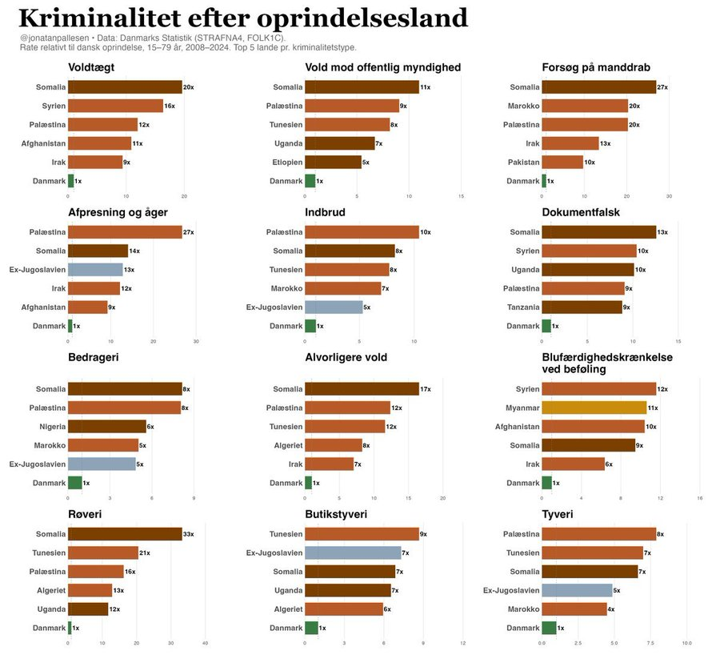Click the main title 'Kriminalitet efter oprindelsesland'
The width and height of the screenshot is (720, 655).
242,18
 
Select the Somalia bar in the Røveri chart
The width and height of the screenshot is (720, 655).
125,534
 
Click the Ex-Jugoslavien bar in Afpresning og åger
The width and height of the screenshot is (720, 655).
95,270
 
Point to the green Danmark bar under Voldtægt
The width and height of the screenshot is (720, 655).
70,181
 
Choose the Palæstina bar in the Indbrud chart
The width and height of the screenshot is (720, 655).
362,232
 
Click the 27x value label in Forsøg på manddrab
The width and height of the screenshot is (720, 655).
662,87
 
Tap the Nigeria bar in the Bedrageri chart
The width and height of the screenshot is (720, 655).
106,427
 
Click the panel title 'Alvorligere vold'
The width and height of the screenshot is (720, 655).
346,357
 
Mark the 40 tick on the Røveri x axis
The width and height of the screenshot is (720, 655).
206,642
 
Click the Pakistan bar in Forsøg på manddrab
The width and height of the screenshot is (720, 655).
562,163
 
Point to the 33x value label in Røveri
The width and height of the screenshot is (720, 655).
188,534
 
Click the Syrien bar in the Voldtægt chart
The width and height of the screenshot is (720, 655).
115,106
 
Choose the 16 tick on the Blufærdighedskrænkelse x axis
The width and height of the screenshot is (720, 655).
700,497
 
